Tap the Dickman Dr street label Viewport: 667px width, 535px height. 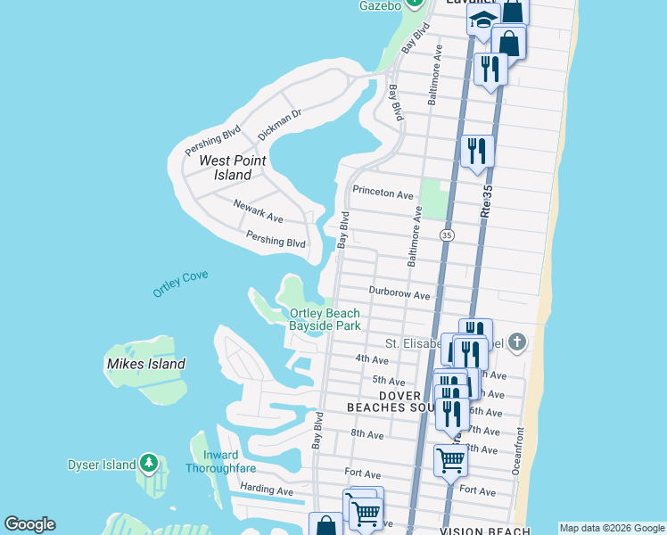[280, 124]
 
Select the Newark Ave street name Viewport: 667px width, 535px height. [258, 212]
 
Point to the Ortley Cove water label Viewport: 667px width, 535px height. [180, 284]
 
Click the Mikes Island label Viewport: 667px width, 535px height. [145, 364]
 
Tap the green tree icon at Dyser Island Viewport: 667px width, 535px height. [150, 464]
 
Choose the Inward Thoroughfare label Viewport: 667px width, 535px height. [212, 462]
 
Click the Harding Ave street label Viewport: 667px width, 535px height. [267, 491]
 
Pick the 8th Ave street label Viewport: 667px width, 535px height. [366, 434]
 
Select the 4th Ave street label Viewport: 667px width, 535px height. [372, 360]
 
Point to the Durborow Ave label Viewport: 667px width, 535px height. [399, 294]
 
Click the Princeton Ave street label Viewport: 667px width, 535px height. [383, 193]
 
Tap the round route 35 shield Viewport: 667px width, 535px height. [447, 235]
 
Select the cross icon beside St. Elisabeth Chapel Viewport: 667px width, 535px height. [518, 342]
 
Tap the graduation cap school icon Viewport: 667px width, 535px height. [482, 20]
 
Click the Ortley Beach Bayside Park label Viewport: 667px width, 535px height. [325, 319]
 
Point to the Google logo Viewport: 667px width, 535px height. [29, 524]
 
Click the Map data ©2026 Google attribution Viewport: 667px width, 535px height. [612, 528]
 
